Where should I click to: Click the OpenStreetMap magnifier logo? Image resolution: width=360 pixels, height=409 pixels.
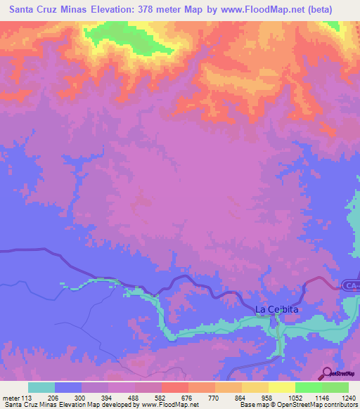327,373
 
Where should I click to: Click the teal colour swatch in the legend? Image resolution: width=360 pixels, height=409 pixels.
41,387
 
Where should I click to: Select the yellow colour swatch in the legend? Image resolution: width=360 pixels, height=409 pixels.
281,387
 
